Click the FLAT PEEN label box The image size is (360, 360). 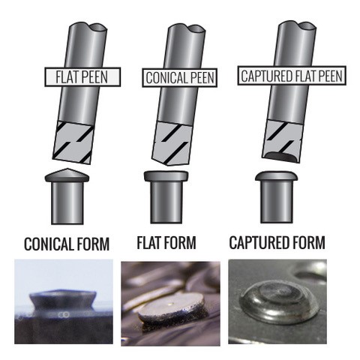pyautogui.click(x=82, y=77)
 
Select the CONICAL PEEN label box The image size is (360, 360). pyautogui.click(x=179, y=77)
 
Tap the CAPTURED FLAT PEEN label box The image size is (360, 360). pyautogui.click(x=292, y=76)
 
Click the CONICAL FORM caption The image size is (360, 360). pyautogui.click(x=67, y=244)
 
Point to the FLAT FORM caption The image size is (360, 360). pyautogui.click(x=166, y=242)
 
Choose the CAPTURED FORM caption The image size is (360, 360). pyautogui.click(x=277, y=242)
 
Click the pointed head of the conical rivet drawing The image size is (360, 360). pyautogui.click(x=67, y=175)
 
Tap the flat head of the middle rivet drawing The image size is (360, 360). pyautogui.click(x=166, y=176)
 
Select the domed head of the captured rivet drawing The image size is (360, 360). pyautogui.click(x=277, y=176)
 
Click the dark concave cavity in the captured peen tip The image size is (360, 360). pyautogui.click(x=281, y=157)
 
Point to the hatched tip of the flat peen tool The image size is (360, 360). pyautogui.click(x=73, y=142)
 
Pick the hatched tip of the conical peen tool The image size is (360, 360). pyautogui.click(x=172, y=144)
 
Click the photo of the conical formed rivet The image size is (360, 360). pyautogui.click(x=63, y=301)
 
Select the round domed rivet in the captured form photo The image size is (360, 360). pyautogui.click(x=279, y=302)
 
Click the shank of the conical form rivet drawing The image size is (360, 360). pyautogui.click(x=67, y=202)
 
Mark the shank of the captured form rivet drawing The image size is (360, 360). pyautogui.click(x=276, y=202)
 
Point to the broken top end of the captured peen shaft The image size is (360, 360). pyautogui.click(x=297, y=26)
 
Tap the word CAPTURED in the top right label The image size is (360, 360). pyautogui.click(x=267, y=76)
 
